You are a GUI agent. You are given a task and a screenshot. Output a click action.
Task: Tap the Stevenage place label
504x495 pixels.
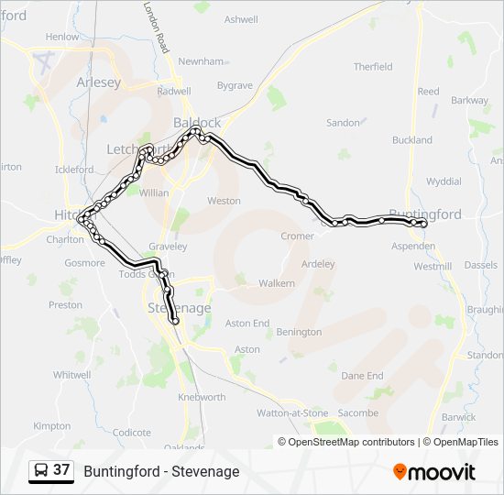[x=180, y=308]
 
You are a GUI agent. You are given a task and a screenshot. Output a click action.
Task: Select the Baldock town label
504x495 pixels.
[x=197, y=122]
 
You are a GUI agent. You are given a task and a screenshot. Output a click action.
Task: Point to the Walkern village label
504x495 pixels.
[x=277, y=283]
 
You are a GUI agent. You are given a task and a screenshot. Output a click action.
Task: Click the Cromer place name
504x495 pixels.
[x=298, y=236]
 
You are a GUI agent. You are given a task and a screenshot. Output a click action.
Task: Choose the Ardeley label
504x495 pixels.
[x=318, y=264]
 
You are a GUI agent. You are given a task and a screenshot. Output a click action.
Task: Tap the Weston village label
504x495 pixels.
[x=224, y=201]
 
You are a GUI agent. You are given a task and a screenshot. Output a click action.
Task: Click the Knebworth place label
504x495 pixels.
[x=202, y=397]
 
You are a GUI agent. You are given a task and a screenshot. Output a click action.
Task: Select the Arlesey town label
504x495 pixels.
[x=98, y=82]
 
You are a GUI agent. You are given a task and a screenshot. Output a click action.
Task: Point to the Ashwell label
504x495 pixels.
[x=241, y=18]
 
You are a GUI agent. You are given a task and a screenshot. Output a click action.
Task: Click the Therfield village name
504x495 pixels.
[x=373, y=67]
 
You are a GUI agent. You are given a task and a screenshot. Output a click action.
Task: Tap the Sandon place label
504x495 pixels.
[x=343, y=122]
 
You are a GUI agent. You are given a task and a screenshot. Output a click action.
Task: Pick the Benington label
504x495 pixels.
[x=299, y=332]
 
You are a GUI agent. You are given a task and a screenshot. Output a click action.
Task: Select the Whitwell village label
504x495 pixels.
[x=71, y=375]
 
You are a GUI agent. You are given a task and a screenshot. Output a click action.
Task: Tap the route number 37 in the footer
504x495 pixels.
[x=61, y=470]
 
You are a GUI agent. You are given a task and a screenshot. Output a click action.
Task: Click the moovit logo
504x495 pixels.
[x=434, y=471]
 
